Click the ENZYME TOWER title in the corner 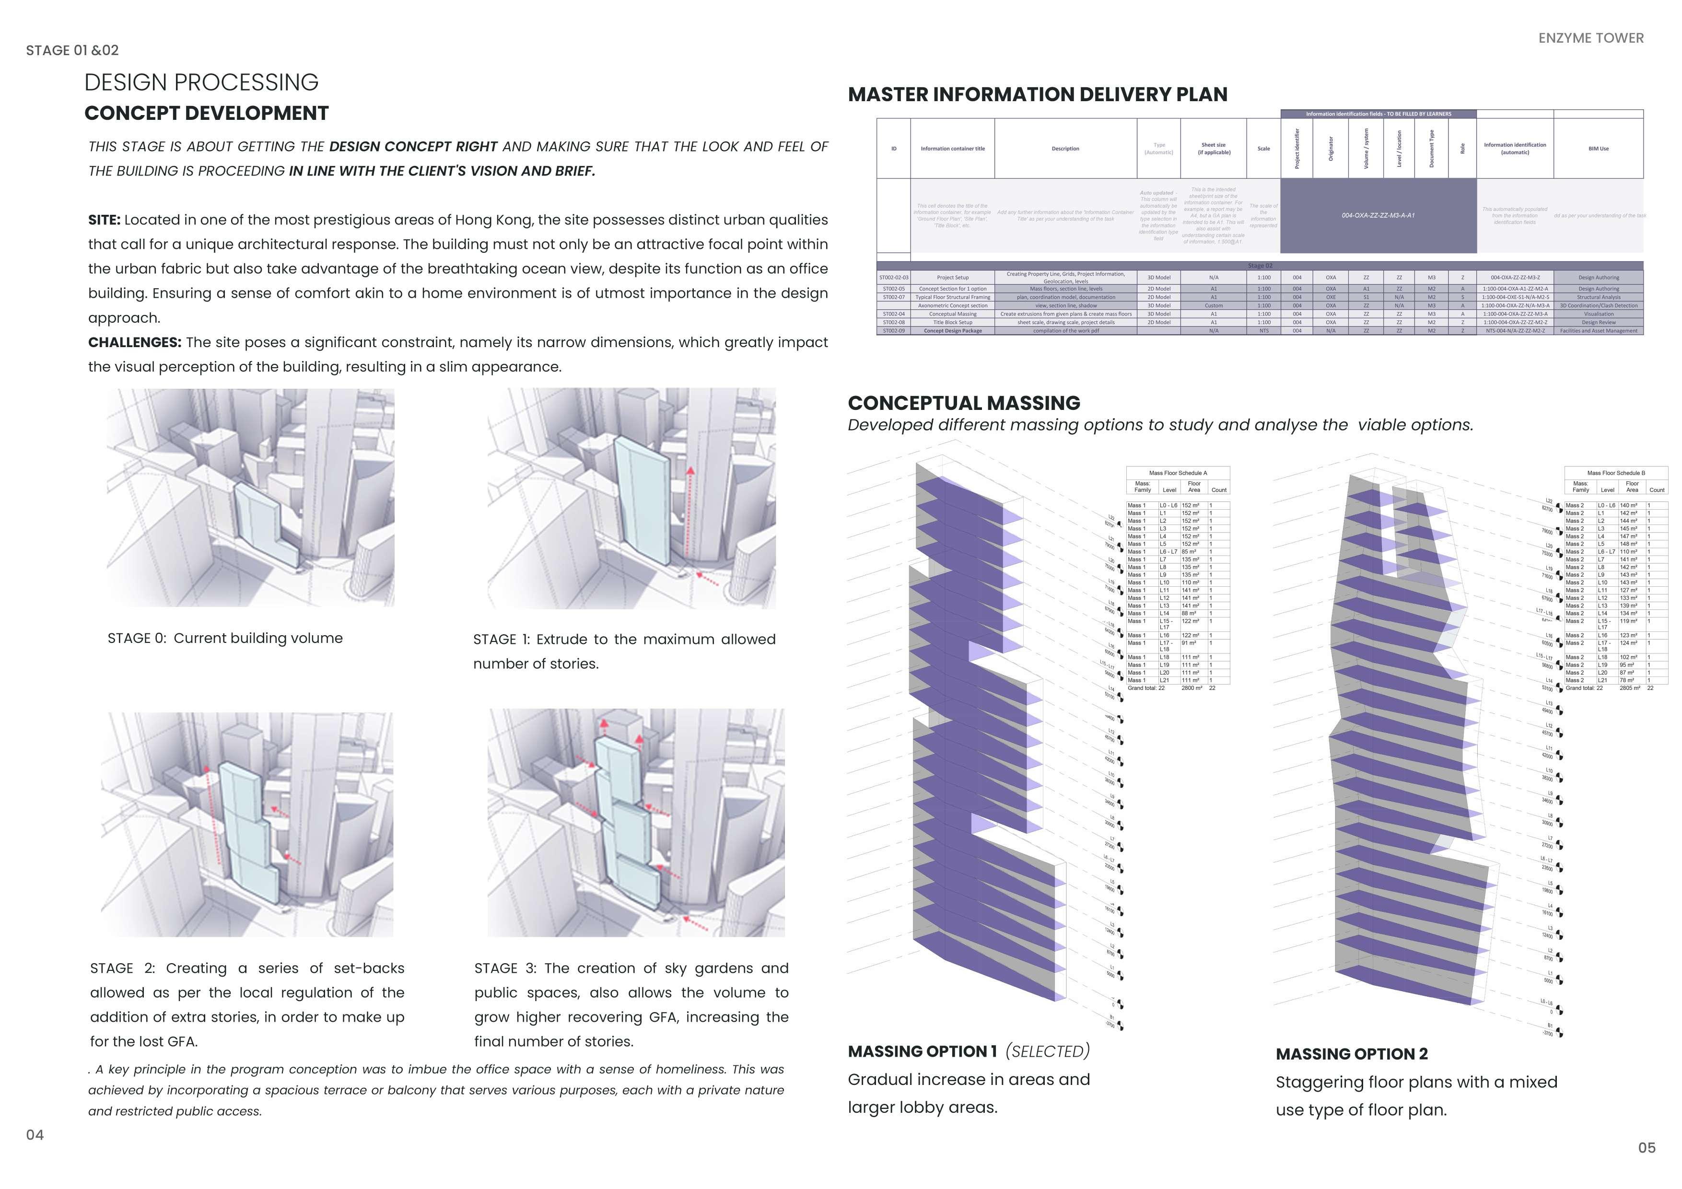click(1590, 38)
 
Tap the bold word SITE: click(104, 220)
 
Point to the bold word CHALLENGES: click(135, 342)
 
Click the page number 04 click(35, 1135)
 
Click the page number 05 click(1646, 1148)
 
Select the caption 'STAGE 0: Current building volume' click(225, 638)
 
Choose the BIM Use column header click(1599, 149)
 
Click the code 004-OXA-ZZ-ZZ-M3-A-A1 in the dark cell click(1378, 215)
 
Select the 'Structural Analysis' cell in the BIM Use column click(1599, 297)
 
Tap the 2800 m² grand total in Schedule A click(1191, 688)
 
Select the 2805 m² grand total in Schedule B click(1629, 688)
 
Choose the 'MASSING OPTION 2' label click(1352, 1054)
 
